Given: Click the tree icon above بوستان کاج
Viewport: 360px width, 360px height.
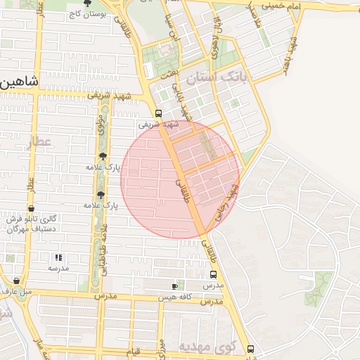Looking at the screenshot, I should coord(86,4).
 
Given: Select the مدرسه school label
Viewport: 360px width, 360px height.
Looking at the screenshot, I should coord(58,268).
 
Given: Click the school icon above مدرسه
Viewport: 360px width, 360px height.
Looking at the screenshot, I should coord(58,257).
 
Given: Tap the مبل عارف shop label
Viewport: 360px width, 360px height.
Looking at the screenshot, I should coord(17,290).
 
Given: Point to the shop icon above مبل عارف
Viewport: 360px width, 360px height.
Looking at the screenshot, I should coord(16,281).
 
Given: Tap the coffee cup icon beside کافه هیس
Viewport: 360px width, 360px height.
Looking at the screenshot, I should coord(175,286).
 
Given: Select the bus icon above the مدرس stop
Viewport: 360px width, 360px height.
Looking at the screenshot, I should coord(213,275).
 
